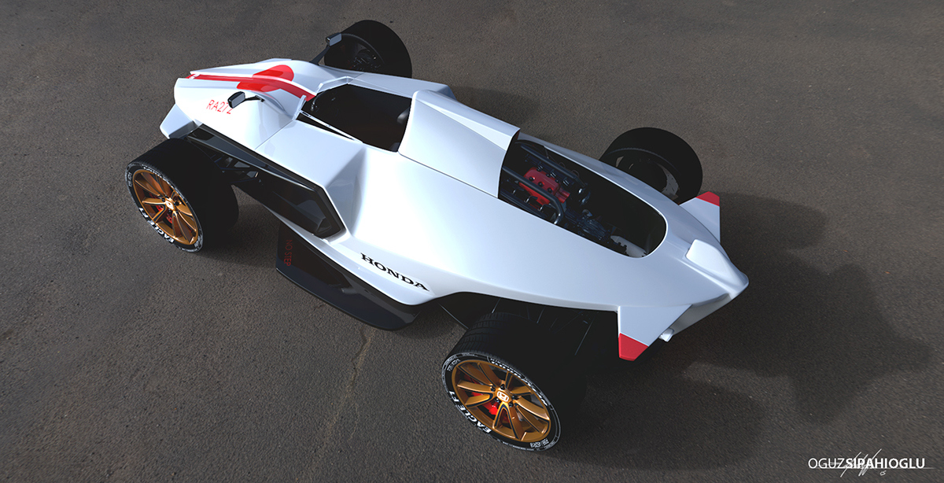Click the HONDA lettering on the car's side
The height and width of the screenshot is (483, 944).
coord(394,271)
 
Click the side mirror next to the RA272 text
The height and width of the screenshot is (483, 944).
coord(237,99)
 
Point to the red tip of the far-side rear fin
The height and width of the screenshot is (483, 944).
coord(709,198)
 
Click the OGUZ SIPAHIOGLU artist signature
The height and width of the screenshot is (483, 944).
coord(869,464)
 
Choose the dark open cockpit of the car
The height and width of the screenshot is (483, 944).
coord(358,114)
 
